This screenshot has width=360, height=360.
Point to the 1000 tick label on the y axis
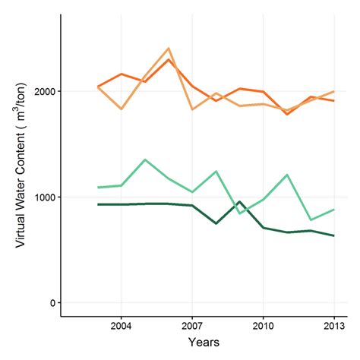click(x=44, y=197)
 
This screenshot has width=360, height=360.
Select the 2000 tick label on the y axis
click(x=44, y=92)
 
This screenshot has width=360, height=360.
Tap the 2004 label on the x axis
click(x=122, y=327)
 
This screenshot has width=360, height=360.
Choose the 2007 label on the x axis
click(x=192, y=327)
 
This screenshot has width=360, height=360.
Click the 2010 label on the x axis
click(x=263, y=327)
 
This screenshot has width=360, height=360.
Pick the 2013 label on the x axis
click(x=334, y=327)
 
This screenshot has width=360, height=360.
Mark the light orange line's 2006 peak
click(x=169, y=49)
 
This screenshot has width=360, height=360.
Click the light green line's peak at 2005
click(x=145, y=159)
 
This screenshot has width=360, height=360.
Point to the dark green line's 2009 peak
click(x=239, y=202)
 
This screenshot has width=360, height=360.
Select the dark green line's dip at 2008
click(x=216, y=223)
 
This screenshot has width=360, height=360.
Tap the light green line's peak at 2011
click(x=286, y=175)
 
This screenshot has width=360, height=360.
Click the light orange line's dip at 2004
click(x=122, y=109)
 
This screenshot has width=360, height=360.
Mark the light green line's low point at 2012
click(x=310, y=219)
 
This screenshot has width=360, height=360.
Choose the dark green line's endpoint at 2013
click(x=334, y=235)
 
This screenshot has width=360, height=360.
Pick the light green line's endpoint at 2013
click(x=334, y=210)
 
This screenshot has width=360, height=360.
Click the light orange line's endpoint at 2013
click(x=334, y=91)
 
